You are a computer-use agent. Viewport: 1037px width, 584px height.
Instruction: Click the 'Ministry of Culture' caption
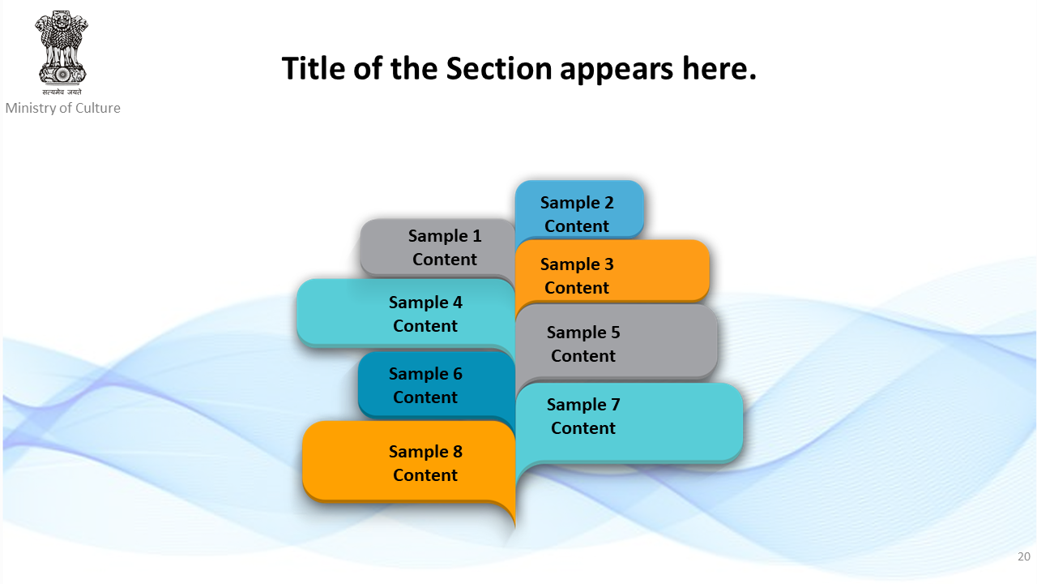pos(63,108)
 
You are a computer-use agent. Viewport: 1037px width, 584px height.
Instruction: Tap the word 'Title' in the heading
pos(314,69)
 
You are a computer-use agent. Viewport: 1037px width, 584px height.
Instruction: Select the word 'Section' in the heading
pos(498,69)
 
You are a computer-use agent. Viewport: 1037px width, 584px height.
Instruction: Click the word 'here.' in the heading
pos(719,69)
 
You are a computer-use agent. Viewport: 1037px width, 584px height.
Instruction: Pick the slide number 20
pos(1023,556)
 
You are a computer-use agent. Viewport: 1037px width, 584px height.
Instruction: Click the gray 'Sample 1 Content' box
pos(437,247)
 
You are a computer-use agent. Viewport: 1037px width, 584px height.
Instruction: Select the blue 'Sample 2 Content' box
pos(578,211)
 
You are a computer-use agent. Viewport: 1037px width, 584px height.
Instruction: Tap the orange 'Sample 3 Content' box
pos(612,273)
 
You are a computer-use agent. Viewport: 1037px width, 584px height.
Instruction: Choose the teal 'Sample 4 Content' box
pos(406,313)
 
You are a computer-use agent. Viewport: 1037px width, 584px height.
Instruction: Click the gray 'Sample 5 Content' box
pos(616,343)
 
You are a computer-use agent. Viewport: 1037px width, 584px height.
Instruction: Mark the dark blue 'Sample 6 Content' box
pos(436,384)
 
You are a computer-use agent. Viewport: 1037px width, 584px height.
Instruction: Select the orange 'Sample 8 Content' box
pos(409,463)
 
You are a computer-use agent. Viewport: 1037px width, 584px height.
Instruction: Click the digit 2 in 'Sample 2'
pos(608,203)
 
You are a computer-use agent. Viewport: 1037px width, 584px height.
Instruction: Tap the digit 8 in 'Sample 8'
pos(458,452)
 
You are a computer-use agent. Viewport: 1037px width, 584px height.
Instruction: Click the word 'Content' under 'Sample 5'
pos(583,356)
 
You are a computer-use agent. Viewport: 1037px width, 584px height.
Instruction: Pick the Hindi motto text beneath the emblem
pos(62,92)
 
